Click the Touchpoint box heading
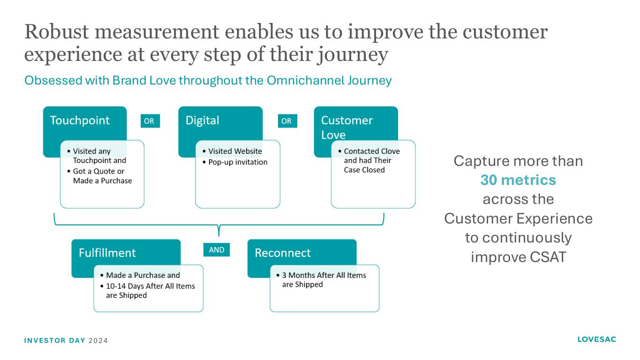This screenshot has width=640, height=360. pyautogui.click(x=80, y=120)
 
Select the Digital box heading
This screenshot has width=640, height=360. pyautogui.click(x=202, y=120)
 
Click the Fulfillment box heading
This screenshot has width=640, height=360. pyautogui.click(x=107, y=253)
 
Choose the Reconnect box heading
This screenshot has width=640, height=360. pyautogui.click(x=282, y=253)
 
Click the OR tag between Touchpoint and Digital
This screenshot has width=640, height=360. pyautogui.click(x=149, y=121)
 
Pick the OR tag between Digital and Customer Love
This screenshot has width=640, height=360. pyautogui.click(x=286, y=121)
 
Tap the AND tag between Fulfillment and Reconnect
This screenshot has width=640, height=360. pyautogui.click(x=216, y=250)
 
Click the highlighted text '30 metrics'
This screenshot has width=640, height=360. pyautogui.click(x=518, y=180)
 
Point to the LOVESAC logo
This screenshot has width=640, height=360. pyautogui.click(x=596, y=339)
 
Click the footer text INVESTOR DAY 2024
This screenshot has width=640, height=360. pyautogui.click(x=66, y=340)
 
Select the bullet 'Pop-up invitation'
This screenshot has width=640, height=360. pyautogui.click(x=238, y=162)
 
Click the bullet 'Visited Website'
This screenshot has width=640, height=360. pyautogui.click(x=235, y=151)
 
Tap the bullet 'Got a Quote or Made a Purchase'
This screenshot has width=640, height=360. pyautogui.click(x=102, y=176)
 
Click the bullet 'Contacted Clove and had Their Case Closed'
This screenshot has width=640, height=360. pyautogui.click(x=371, y=160)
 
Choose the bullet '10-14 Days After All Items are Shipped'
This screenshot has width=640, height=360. pyautogui.click(x=150, y=291)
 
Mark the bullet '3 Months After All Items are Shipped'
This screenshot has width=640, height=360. pyautogui.click(x=324, y=280)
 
